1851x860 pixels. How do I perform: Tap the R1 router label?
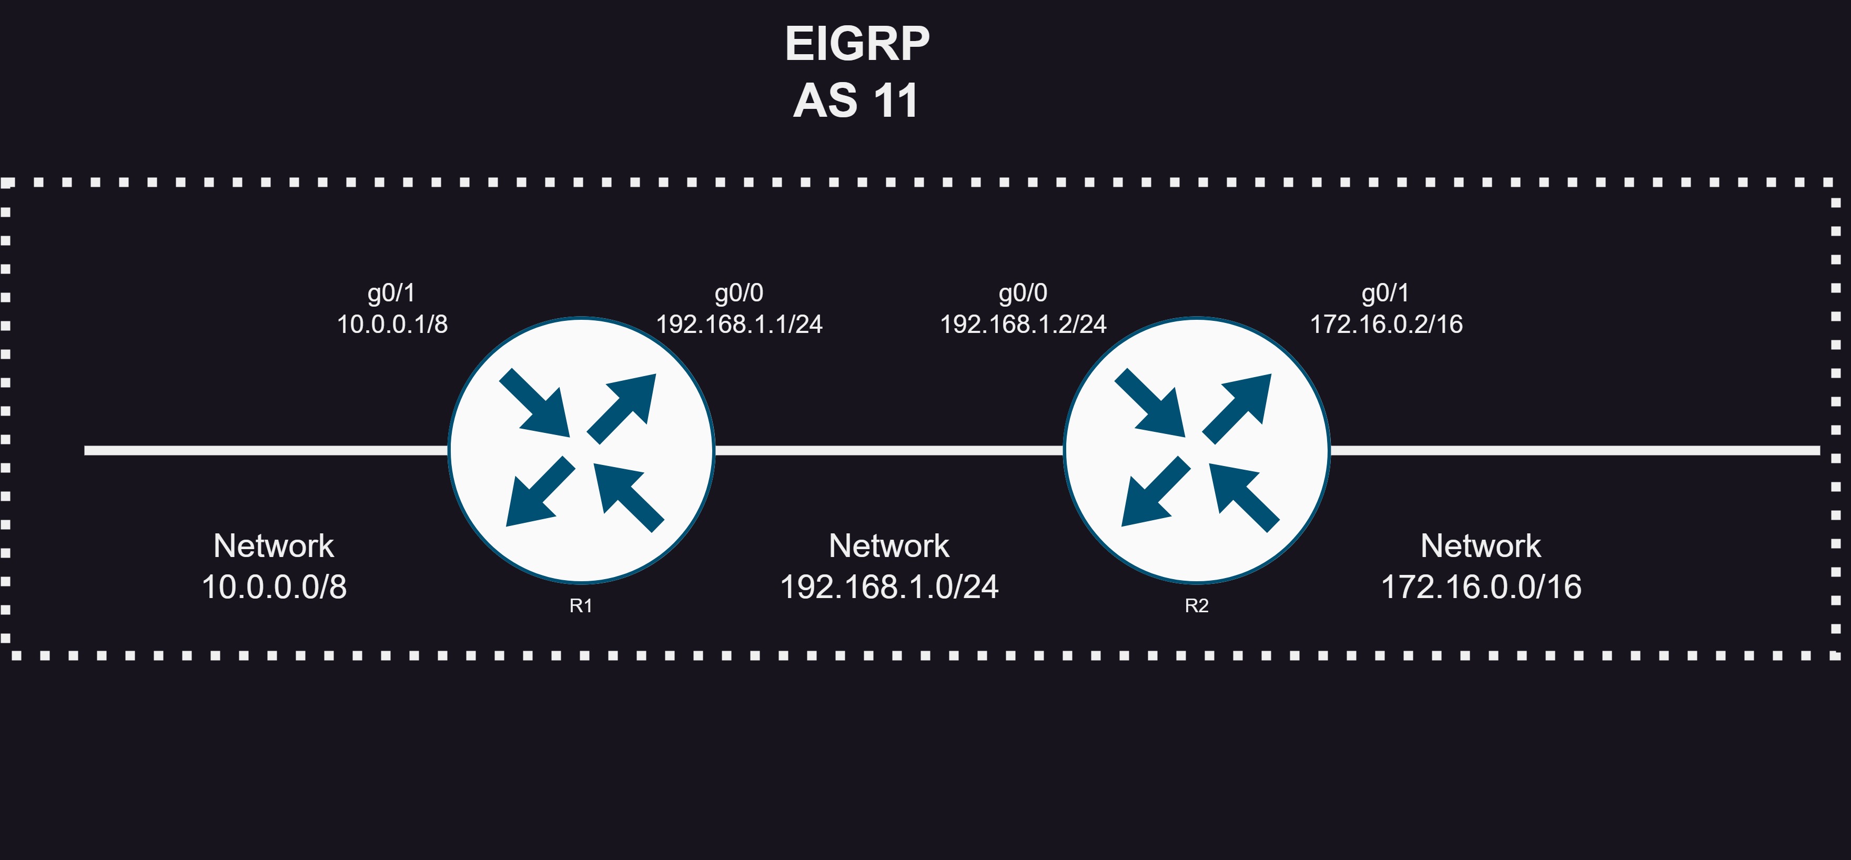[581, 605]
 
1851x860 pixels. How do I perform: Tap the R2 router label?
[1197, 605]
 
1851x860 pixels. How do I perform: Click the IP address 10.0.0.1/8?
[392, 324]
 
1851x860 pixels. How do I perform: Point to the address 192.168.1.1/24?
[740, 324]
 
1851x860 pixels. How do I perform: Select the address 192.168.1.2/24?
[1023, 324]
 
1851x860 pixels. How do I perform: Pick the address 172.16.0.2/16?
[1386, 324]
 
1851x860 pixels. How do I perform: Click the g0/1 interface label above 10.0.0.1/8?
[392, 293]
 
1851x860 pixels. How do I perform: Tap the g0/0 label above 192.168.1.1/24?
[739, 293]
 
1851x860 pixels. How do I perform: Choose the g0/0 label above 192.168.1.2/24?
[1023, 293]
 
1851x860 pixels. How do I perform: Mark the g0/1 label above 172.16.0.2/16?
[1385, 293]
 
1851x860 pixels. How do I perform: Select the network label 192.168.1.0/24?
[889, 587]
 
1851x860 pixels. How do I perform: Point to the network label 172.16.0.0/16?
[1481, 587]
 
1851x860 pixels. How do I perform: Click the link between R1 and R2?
[889, 450]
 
